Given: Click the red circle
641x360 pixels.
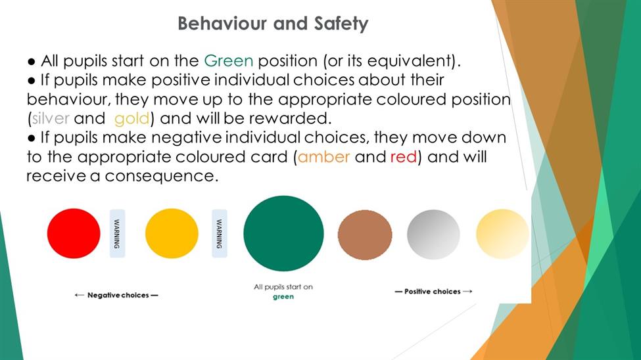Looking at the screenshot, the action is [74, 233].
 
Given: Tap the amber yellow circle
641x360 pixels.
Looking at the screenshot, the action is [172, 233].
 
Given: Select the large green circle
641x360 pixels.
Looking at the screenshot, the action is [283, 233].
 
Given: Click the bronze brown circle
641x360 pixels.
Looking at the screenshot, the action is [365, 235].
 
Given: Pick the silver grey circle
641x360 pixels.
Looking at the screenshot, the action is [433, 235].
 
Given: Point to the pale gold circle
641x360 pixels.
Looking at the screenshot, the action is [502, 234].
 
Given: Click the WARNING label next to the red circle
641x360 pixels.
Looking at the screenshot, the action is [117, 233].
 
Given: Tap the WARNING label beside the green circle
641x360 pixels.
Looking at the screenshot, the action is [219, 233].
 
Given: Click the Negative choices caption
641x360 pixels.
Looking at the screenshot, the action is [116, 295].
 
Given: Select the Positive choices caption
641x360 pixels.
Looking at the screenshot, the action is [433, 292].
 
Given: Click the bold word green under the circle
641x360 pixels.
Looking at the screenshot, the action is [283, 297].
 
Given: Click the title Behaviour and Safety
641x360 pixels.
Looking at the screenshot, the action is [273, 24].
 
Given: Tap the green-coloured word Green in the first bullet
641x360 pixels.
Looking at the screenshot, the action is [229, 61].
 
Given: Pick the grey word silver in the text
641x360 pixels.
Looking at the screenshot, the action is [51, 118].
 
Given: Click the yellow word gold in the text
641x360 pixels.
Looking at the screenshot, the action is [132, 119].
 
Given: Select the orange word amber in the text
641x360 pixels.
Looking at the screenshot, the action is [323, 157].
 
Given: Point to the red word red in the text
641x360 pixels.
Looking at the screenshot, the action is [404, 157].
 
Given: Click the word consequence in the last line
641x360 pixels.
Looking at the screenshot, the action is [160, 176].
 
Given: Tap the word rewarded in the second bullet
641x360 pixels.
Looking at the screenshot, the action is [289, 118].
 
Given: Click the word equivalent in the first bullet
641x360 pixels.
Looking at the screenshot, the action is [409, 61].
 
